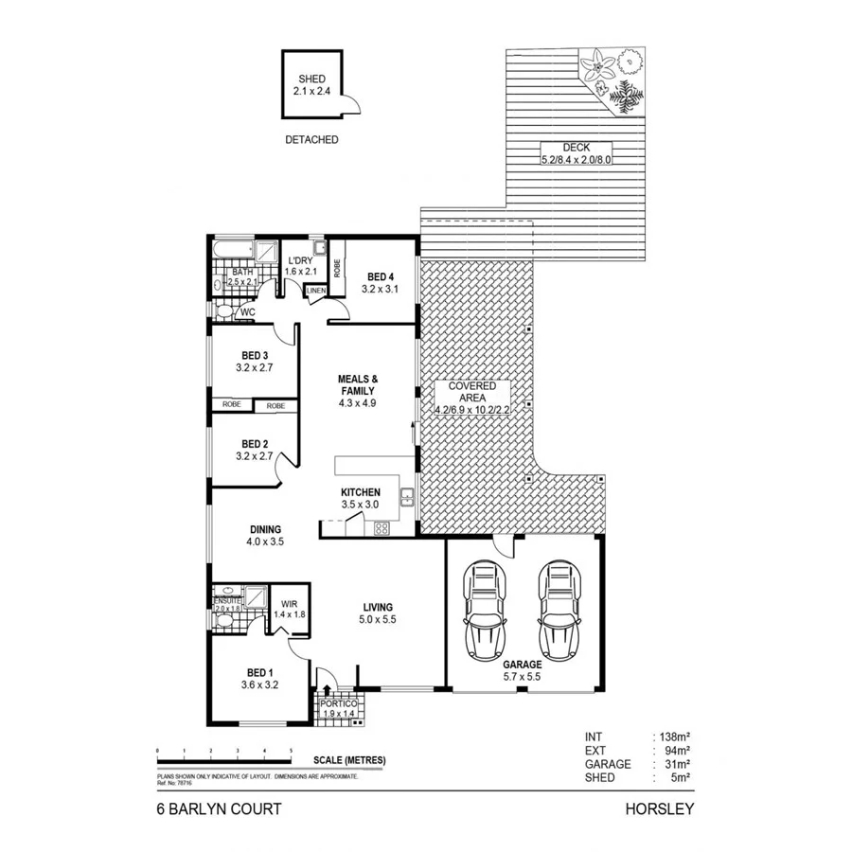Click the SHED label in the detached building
[x=311, y=80]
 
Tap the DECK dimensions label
[x=576, y=159]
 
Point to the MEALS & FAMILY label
[x=357, y=384]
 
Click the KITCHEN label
[x=360, y=492]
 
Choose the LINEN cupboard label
[x=316, y=291]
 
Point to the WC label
[x=247, y=311]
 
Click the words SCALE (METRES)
[x=350, y=760]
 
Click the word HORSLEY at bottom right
[x=660, y=809]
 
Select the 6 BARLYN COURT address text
[x=219, y=809]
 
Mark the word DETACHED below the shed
[x=311, y=139]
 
